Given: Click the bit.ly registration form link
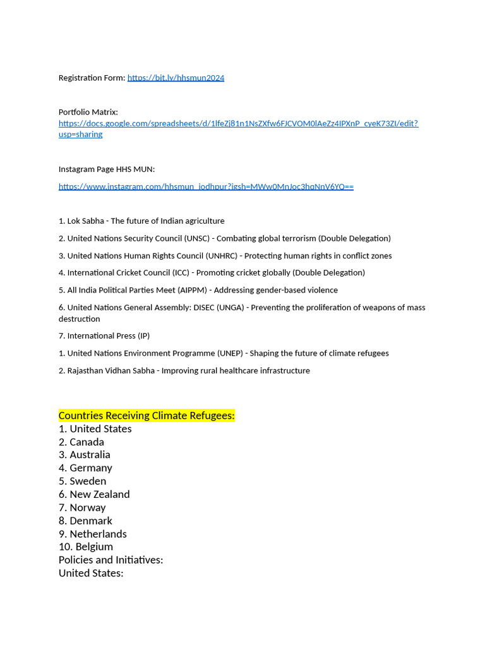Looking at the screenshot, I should click(x=176, y=78).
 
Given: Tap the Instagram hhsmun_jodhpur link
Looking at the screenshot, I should click(x=206, y=186).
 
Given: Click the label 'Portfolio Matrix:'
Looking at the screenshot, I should click(x=88, y=112).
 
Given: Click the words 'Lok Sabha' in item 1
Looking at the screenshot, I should click(x=85, y=221).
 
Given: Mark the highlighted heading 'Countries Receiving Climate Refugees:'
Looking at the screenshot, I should click(x=147, y=415).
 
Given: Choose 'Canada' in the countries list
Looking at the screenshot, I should click(x=87, y=442).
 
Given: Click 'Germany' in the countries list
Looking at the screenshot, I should click(x=91, y=468).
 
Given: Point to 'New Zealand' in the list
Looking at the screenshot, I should click(x=100, y=494).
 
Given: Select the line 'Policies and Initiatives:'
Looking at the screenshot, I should click(x=111, y=560).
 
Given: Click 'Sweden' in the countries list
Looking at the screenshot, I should click(x=88, y=481).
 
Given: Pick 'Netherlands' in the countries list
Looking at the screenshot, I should click(x=98, y=534).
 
